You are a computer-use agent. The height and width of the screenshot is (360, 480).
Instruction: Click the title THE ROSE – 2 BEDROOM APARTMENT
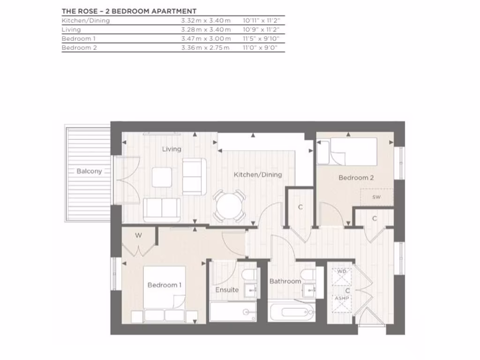129,11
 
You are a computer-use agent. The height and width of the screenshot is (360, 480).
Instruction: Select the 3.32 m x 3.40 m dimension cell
206,21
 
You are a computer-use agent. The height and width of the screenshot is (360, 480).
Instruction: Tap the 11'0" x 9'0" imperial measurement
260,47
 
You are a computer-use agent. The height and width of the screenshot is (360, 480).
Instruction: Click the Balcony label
89,172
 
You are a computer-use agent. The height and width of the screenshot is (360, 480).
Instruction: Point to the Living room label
172,149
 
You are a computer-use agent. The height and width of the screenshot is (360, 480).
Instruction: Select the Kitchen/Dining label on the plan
258,175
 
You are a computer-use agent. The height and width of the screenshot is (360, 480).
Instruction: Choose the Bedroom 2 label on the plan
356,178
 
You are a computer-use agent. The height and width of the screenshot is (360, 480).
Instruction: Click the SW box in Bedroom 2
376,197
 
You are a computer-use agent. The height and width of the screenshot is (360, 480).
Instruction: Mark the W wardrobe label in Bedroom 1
138,235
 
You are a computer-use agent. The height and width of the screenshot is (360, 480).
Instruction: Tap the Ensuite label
227,290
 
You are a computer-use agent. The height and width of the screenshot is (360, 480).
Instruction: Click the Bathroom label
285,281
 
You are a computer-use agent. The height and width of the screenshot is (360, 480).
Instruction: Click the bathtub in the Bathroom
291,312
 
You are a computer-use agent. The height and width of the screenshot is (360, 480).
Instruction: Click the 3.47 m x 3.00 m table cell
206,38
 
